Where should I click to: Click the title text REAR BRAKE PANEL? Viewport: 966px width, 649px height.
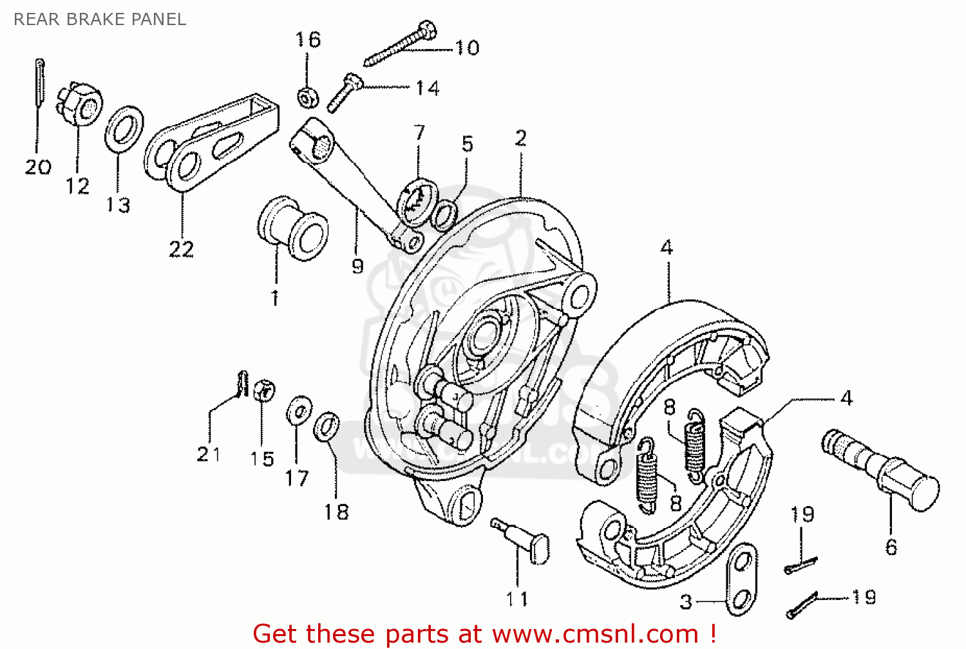point(100,19)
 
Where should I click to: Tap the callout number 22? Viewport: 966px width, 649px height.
point(181,249)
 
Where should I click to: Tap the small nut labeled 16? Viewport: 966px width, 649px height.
point(308,97)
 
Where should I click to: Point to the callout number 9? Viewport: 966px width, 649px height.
point(358,266)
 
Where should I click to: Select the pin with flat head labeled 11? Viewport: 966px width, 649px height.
point(522,540)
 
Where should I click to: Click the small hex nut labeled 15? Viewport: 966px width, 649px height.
point(264,390)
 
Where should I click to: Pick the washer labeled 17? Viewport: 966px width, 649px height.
point(299,410)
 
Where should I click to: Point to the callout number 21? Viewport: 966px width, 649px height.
point(209,455)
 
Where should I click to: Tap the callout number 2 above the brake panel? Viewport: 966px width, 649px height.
point(520,138)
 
